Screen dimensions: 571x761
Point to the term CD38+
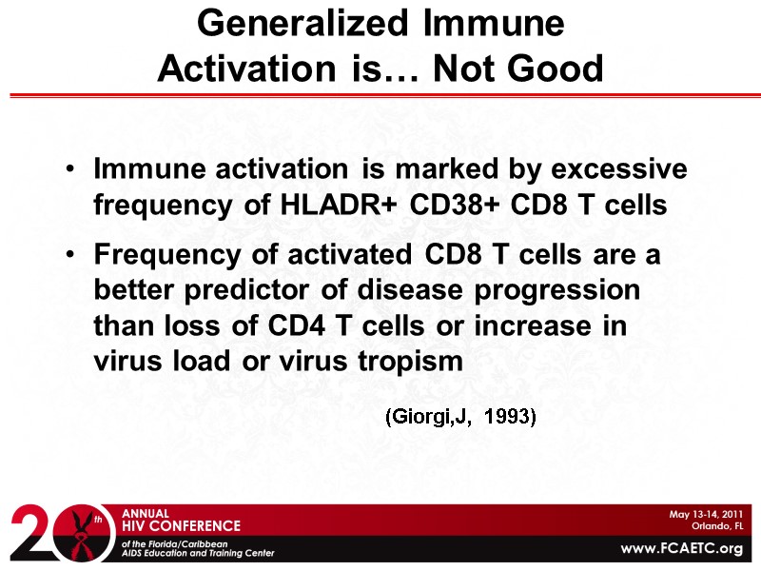click(454, 205)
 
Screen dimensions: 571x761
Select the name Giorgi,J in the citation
click(428, 417)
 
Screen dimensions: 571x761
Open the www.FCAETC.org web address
click(680, 549)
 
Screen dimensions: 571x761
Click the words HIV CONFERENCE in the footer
click(182, 525)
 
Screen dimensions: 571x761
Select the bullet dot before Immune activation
click(72, 170)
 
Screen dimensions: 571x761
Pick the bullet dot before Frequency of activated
click(72, 255)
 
